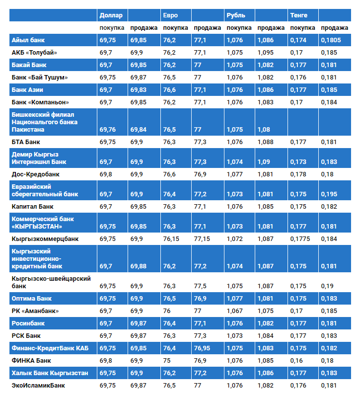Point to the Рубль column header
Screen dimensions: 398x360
236,15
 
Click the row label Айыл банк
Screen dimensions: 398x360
28,40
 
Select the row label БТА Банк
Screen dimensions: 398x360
25,142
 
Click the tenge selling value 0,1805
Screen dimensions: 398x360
331,40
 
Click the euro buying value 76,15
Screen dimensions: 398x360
171,239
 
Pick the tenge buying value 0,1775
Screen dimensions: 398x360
300,239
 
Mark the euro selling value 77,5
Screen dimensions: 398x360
200,286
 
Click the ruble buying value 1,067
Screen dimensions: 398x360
234,311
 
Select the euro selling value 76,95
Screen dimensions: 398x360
203,348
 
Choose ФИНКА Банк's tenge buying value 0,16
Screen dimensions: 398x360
296,360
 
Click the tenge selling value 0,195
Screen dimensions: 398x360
329,194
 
